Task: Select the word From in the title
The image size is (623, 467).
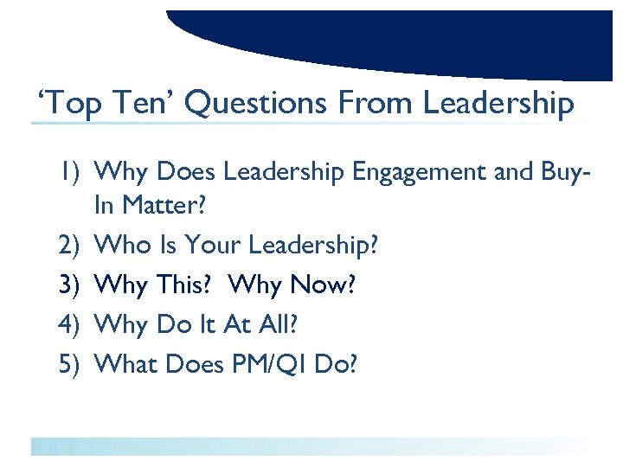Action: [x=374, y=105]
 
